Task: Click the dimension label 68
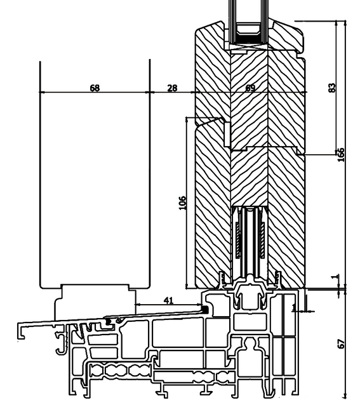pyautogui.click(x=95, y=88)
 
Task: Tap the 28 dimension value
pyautogui.click(x=172, y=88)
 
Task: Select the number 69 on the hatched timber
pyautogui.click(x=250, y=88)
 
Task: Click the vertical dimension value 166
pyautogui.click(x=341, y=154)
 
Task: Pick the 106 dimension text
pyautogui.click(x=183, y=203)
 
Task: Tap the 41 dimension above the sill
pyautogui.click(x=168, y=300)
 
